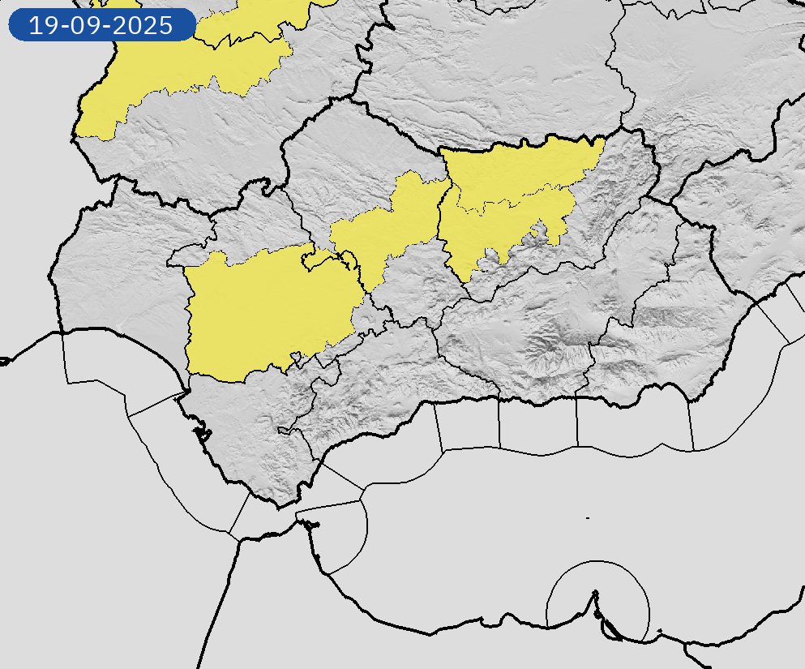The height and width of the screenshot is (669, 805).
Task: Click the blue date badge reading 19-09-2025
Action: click(101, 25)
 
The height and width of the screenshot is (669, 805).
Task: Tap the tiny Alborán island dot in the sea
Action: click(587, 517)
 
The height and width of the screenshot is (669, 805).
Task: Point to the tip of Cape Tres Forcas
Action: click(596, 592)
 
